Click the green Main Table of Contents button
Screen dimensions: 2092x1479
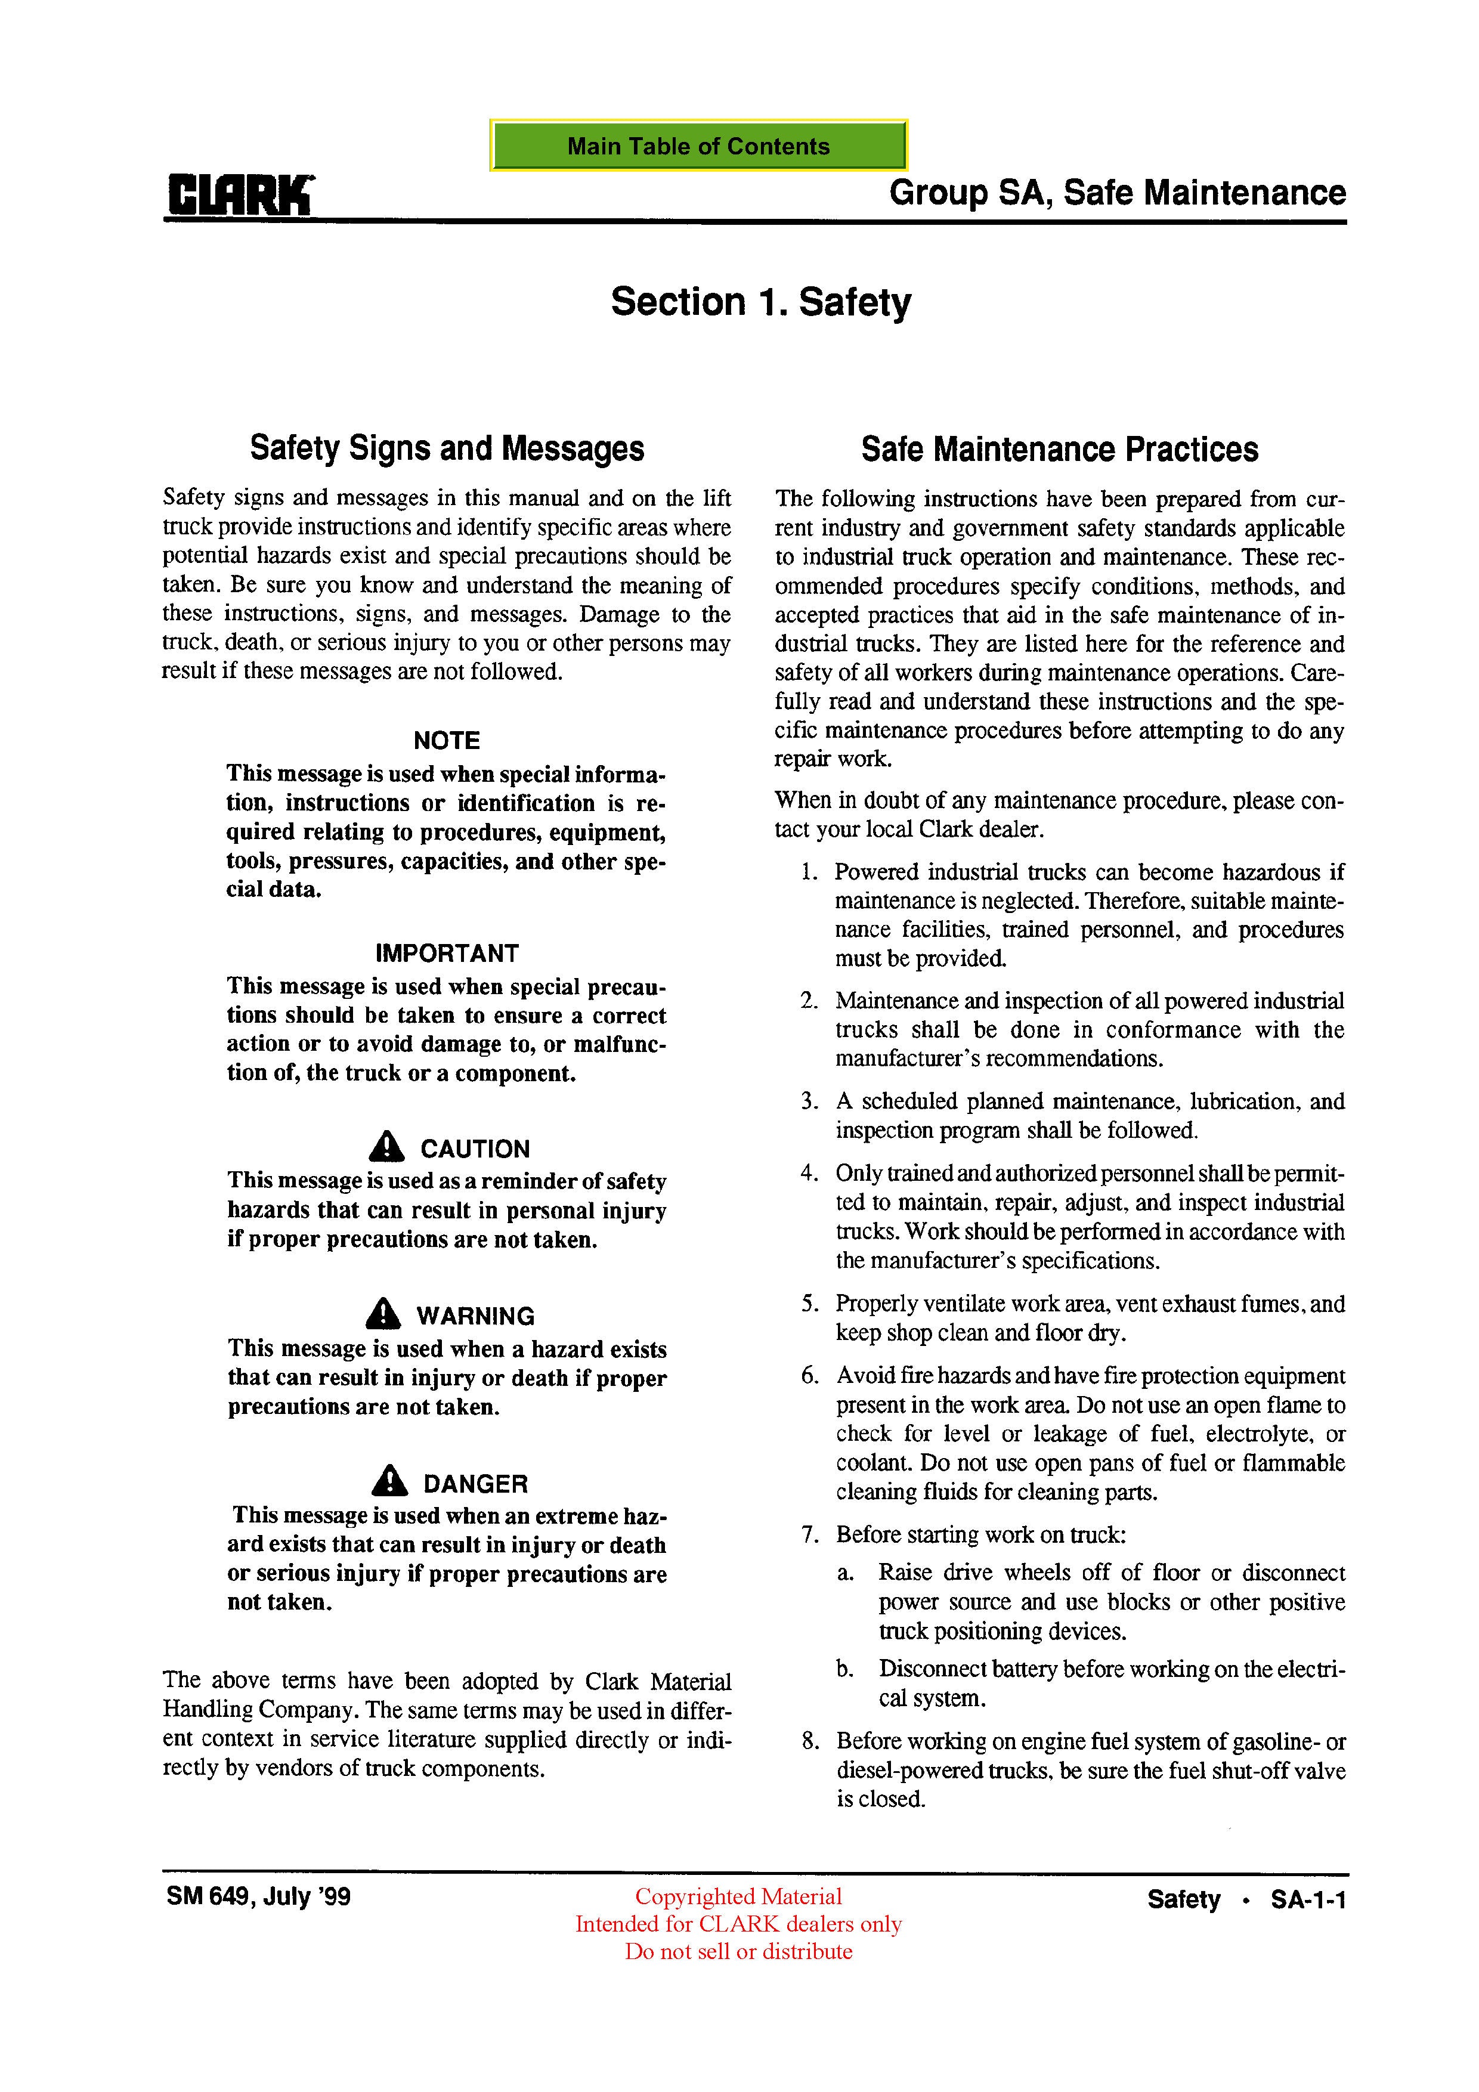[x=698, y=146]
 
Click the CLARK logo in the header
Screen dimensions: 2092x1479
[x=240, y=195]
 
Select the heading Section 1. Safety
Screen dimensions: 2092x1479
[x=760, y=302]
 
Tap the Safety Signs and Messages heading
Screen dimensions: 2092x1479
[x=447, y=448]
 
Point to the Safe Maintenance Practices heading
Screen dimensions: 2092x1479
[x=1059, y=449]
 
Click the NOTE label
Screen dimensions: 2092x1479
[x=447, y=740]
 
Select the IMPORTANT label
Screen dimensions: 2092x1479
[x=447, y=953]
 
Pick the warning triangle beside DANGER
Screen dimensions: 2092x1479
[x=390, y=1481]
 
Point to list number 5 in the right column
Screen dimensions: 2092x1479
[x=810, y=1304]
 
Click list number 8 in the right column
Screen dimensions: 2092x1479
[x=810, y=1741]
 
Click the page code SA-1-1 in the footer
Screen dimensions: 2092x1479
[x=1308, y=1899]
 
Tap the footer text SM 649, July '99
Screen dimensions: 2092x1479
[x=259, y=1896]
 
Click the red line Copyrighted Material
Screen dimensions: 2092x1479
[x=738, y=1896]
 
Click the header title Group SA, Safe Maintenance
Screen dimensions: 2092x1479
[x=1117, y=193]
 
